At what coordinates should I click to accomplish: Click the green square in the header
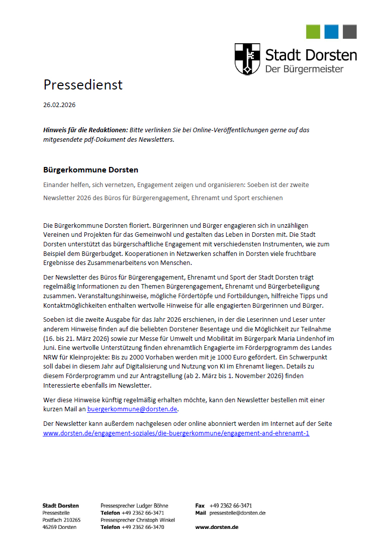pyautogui.click(x=313, y=32)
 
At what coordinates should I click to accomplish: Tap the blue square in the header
pyautogui.click(x=331, y=32)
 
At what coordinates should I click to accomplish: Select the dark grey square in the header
pyautogui.click(x=350, y=32)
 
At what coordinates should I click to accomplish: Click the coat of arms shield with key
pyautogui.click(x=247, y=59)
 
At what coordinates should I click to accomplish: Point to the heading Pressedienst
pyautogui.click(x=83, y=84)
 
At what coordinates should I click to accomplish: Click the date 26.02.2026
pyautogui.click(x=59, y=105)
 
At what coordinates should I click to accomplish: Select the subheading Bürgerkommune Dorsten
pyautogui.click(x=90, y=170)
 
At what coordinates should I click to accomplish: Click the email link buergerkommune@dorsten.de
pyautogui.click(x=133, y=409)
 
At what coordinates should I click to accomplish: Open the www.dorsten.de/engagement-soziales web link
pyautogui.click(x=176, y=433)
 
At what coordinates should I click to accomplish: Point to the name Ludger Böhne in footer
pyautogui.click(x=152, y=505)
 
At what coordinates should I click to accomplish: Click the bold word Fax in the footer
pyautogui.click(x=200, y=505)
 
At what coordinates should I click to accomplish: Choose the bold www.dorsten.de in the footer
pyautogui.click(x=217, y=527)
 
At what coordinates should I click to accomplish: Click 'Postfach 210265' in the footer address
pyautogui.click(x=61, y=519)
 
